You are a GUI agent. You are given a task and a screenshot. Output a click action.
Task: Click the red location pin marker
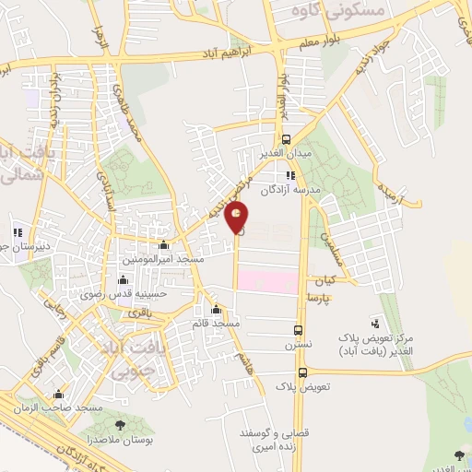pos(237,219)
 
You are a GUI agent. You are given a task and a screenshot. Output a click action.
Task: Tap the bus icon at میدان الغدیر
pos(287,140)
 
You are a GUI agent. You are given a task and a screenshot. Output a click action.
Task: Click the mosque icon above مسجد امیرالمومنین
pos(164,244)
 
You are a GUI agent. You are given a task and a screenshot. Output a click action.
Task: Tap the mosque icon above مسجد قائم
pos(217,310)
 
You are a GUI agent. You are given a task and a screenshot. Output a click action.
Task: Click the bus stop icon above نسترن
pos(298,330)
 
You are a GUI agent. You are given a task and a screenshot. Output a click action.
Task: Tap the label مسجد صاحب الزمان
pos(89,407)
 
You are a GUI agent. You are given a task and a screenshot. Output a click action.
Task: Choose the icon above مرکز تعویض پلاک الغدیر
pos(375,323)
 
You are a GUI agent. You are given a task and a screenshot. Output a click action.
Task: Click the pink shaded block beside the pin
pos(267,282)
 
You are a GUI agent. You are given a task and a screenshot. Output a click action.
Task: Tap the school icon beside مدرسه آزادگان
pos(290,174)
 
